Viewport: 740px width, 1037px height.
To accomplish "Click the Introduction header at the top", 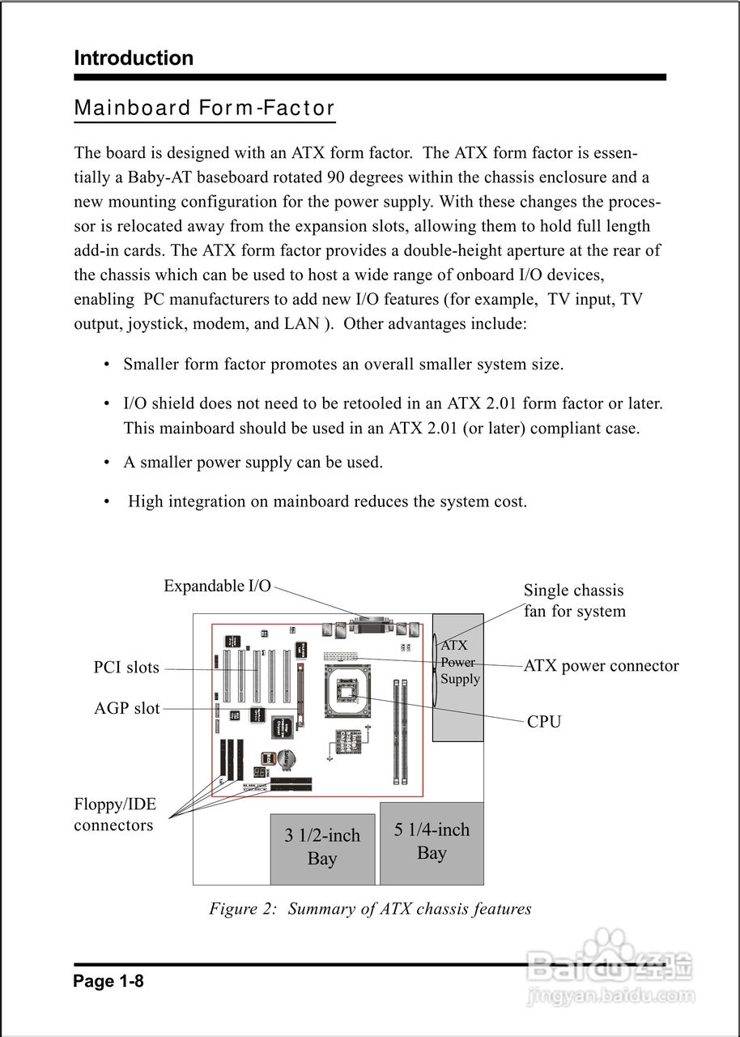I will (x=134, y=58).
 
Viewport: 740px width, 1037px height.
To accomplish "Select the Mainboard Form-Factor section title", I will (x=204, y=108).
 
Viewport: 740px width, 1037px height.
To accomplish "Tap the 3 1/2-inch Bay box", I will (x=322, y=847).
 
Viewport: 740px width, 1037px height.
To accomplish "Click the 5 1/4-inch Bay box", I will (x=432, y=842).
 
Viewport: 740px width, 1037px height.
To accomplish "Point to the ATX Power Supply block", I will (x=459, y=676).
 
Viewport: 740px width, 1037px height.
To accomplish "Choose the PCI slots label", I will (x=126, y=668).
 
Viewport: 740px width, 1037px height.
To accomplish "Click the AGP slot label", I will (x=127, y=708).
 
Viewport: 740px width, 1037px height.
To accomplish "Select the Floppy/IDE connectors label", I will (x=114, y=815).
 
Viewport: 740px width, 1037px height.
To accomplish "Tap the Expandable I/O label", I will (x=217, y=586).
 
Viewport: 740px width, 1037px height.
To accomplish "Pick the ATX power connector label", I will (x=601, y=666).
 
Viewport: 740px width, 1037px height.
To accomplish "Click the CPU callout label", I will (x=544, y=721).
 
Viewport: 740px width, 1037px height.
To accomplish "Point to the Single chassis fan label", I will (x=574, y=600).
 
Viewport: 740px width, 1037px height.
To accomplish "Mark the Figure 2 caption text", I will (x=370, y=908).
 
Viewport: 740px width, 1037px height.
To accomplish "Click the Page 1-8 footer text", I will (x=108, y=981).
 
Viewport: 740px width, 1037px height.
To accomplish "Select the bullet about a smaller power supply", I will (x=253, y=463).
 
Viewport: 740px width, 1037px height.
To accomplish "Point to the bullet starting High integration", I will (x=327, y=501).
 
